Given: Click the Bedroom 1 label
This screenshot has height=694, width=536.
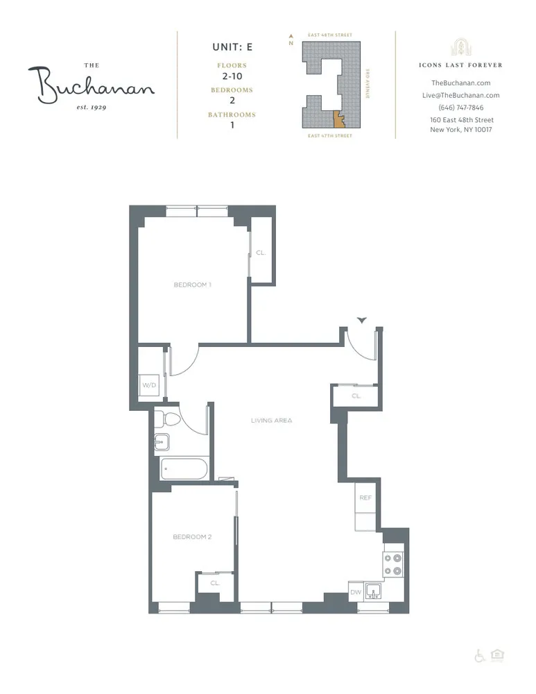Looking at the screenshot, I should coord(192,285).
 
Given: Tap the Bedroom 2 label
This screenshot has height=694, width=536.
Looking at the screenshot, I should coord(192,536).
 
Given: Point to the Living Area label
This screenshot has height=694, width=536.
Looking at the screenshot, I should coord(272,421).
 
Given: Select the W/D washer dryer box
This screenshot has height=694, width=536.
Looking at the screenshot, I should coord(149,384).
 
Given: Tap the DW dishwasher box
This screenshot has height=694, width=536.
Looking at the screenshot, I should coord(356,593).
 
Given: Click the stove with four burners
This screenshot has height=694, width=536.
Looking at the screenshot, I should coord(392,563).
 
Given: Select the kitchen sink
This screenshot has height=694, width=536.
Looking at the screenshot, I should coord(374,592).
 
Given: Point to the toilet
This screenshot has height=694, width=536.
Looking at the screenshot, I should coord(167,419).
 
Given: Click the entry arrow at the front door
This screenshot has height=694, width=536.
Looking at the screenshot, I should coord(361,320).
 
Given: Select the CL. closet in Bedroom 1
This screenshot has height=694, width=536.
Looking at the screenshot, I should coord(261,253).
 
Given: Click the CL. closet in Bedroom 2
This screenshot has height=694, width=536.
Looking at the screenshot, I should coord(214,584).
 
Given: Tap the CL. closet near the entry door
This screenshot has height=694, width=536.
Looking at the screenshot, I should coord(356,396).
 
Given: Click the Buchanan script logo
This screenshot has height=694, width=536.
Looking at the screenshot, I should coord(91,85).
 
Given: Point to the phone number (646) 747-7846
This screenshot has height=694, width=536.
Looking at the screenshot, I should coord(461,108).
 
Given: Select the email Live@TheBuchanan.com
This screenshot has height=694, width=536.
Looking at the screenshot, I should coord(461,95).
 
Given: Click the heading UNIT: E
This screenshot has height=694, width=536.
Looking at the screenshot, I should coord(232,48).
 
